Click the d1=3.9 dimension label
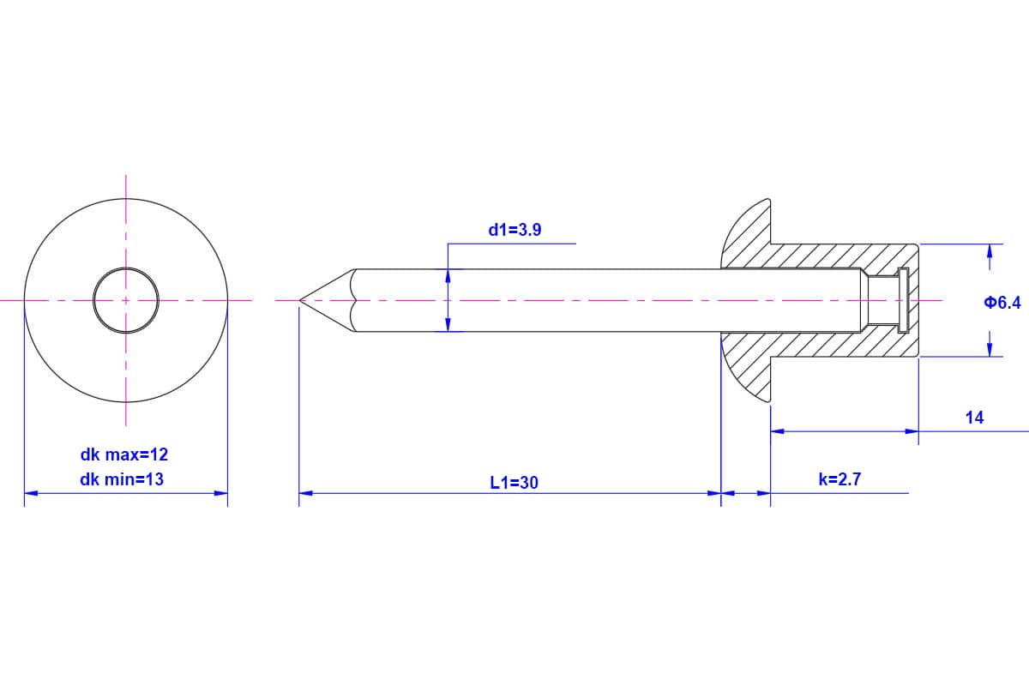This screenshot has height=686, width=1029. [x=514, y=230]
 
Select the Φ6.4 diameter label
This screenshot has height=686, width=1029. [x=1002, y=303]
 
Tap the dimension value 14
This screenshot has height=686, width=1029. [x=974, y=418]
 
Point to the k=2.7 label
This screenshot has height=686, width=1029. [x=839, y=479]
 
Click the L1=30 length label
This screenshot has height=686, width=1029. [x=514, y=483]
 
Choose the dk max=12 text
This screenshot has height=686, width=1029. [x=124, y=454]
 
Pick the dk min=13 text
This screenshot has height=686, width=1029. [x=122, y=479]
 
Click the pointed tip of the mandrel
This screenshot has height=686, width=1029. [x=300, y=300]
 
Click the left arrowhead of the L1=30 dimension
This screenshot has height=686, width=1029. [x=306, y=493]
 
